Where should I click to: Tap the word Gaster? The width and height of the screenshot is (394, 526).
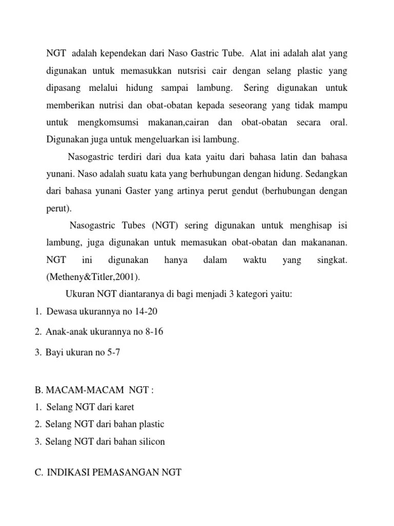pos(138,191)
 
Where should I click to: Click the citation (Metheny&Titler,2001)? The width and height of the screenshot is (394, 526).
pos(92,277)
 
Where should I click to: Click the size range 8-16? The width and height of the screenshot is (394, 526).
pos(153,332)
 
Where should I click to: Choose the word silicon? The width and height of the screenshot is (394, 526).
pos(150,442)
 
